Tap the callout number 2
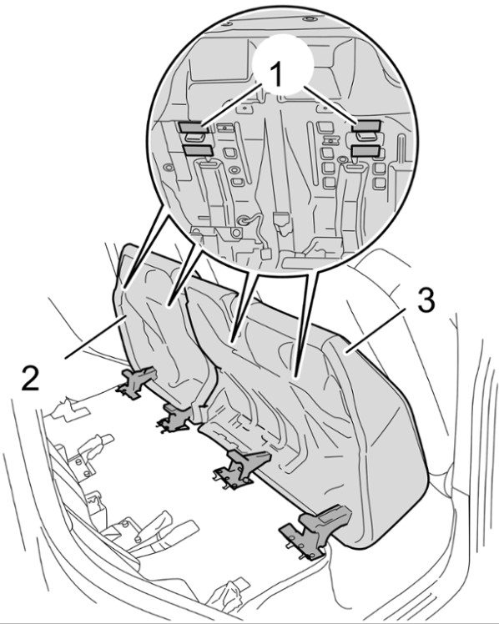(31, 378)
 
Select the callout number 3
(426, 302)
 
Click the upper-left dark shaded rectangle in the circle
(194, 127)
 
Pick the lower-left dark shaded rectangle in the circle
(198, 150)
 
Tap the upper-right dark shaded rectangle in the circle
(366, 126)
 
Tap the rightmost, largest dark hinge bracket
(315, 527)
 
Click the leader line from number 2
(96, 336)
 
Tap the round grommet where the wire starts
(243, 220)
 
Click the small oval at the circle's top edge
(310, 19)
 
